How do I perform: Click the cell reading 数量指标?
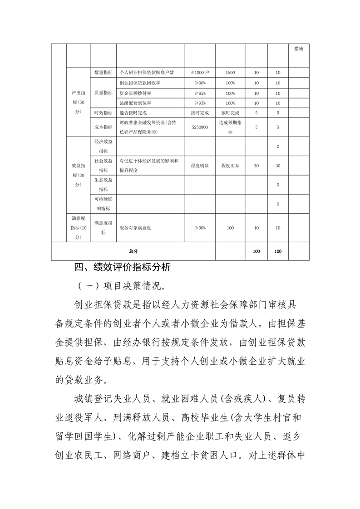(x=104, y=73)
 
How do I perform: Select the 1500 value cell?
(x=230, y=73)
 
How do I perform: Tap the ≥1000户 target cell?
(x=200, y=73)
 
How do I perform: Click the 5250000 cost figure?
(x=200, y=127)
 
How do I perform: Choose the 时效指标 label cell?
(x=104, y=113)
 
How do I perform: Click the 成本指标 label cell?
(x=104, y=127)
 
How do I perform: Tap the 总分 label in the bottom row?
(x=133, y=251)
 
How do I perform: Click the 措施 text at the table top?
(x=299, y=49)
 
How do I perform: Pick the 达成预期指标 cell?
(x=230, y=127)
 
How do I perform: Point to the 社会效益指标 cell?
(x=104, y=166)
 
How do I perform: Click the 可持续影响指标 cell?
(x=104, y=204)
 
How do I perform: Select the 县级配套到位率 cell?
(x=136, y=103)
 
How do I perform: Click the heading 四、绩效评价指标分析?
(x=123, y=267)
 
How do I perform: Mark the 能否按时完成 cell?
(x=133, y=113)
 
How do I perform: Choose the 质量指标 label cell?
(x=104, y=93)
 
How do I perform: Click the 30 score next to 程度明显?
(x=256, y=166)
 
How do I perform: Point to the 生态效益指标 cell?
(x=104, y=185)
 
